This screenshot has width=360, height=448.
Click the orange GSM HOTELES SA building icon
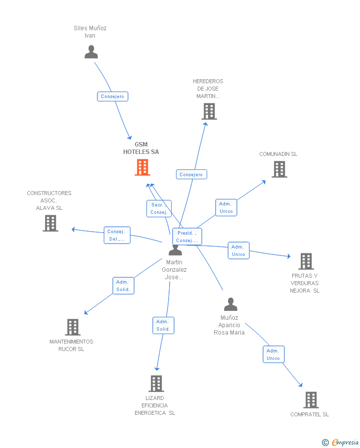(x=142, y=167)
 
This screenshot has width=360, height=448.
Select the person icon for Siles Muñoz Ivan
(x=91, y=52)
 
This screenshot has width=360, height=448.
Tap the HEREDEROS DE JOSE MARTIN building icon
(x=209, y=111)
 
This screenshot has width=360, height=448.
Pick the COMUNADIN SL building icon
(x=279, y=169)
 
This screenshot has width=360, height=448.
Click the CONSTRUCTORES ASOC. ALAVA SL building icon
(x=50, y=223)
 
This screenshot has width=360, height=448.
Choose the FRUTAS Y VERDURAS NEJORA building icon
(x=306, y=261)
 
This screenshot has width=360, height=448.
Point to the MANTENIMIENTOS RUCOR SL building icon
(x=73, y=327)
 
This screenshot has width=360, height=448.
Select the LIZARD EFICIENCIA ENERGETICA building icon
(x=156, y=384)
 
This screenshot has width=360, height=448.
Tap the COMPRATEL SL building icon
(x=311, y=400)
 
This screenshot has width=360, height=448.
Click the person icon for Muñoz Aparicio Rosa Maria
(x=230, y=304)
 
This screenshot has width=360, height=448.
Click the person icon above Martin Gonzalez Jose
(x=175, y=250)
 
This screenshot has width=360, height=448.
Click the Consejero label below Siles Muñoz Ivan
(x=113, y=97)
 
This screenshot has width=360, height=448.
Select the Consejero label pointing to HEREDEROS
(x=191, y=174)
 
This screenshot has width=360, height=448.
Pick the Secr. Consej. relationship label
(x=159, y=208)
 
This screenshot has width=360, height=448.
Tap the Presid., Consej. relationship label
(x=187, y=237)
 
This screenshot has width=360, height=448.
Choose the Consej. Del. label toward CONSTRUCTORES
(x=117, y=235)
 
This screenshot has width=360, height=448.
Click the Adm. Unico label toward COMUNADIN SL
(x=226, y=207)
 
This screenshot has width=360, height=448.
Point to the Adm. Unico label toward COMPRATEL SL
(x=273, y=354)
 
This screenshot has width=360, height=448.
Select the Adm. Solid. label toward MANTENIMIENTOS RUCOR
(x=123, y=286)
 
